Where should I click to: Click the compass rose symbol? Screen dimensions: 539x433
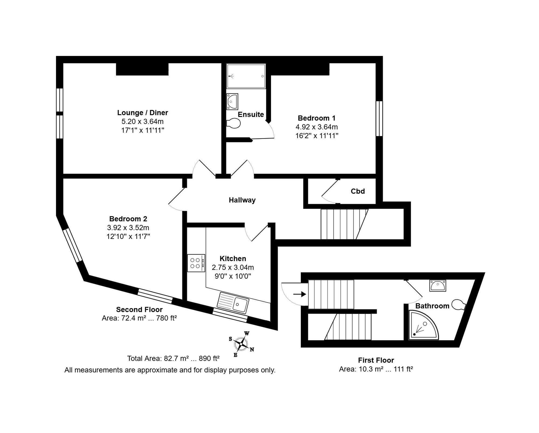coord(241,344)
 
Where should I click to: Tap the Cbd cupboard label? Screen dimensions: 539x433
coord(358,191)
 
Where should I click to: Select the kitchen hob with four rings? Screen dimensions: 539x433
coord(196,263)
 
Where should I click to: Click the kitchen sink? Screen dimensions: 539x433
coord(233,303)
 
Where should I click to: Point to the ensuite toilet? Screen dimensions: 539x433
coord(233,124)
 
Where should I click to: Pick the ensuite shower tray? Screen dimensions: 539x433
coord(246,76)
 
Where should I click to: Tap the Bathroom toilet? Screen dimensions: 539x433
coord(459,305)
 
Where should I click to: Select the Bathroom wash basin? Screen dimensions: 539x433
coord(438,285)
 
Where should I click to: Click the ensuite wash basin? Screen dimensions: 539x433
coord(232,102)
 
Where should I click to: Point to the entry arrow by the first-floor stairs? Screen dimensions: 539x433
coord(299,294)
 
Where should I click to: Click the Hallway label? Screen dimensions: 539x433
coord(242,200)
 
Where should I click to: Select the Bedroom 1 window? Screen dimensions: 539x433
coord(379,118)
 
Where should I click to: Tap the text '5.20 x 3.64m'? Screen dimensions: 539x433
coord(143,121)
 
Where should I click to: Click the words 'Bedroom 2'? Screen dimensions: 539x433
coord(128,219)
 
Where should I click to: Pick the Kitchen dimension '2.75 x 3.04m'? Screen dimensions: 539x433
coord(233,267)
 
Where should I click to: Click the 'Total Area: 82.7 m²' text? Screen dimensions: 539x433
coord(158,358)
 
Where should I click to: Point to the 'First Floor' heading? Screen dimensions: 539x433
coord(376,360)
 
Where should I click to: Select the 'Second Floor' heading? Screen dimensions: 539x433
coord(139,309)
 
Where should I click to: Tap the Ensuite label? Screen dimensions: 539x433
coord(251,114)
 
